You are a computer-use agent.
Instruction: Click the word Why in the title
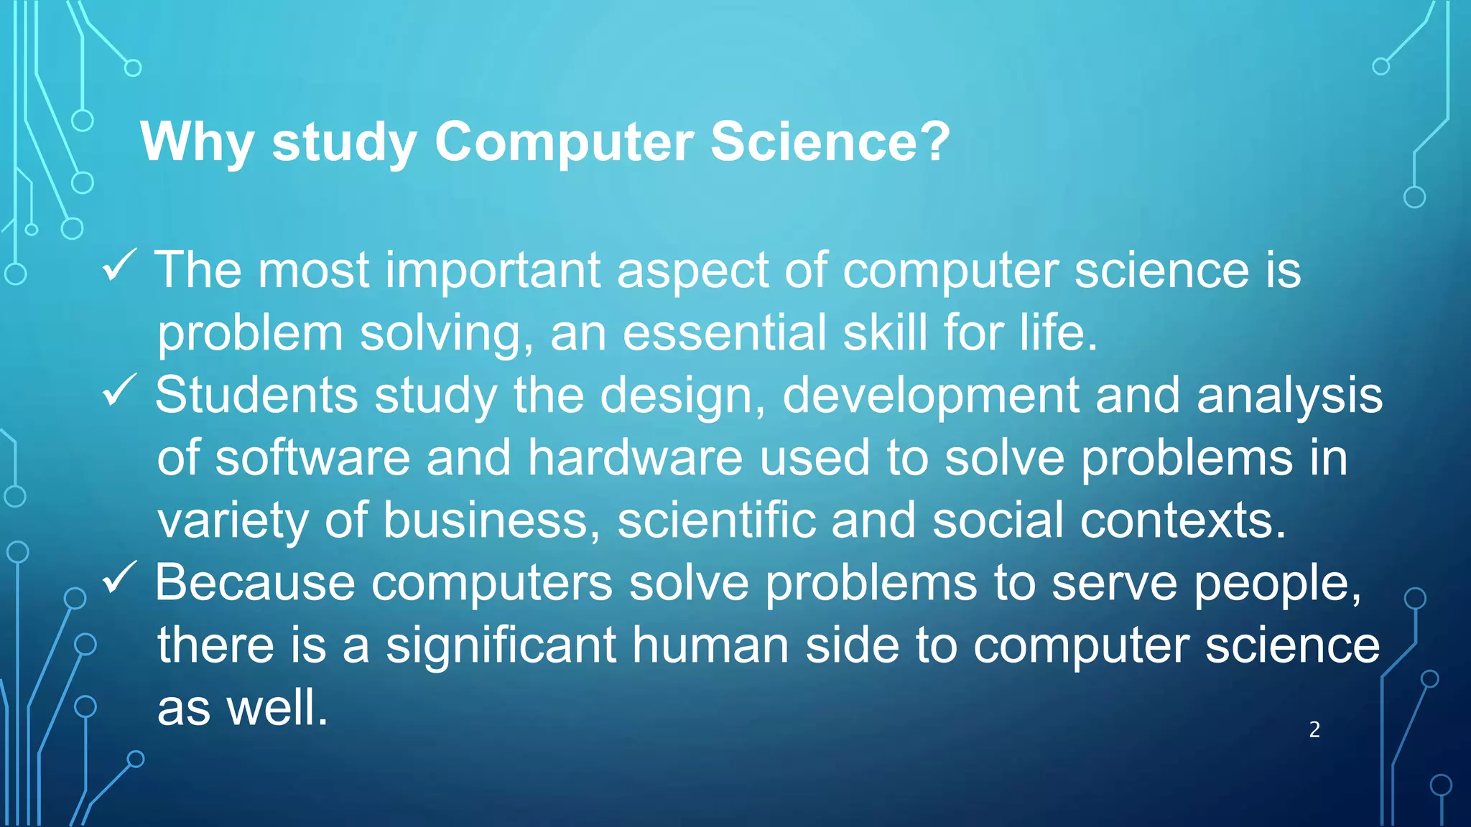(x=197, y=142)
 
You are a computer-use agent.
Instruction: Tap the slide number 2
(x=1314, y=729)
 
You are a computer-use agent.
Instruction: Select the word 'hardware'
(x=635, y=458)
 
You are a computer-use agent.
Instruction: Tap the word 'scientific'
(x=716, y=520)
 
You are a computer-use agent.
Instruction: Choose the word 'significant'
(x=501, y=645)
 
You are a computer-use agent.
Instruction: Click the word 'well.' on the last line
(x=277, y=708)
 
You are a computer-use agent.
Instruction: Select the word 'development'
(x=930, y=396)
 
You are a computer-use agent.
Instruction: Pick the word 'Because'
(x=255, y=582)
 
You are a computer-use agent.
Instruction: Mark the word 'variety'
(x=233, y=521)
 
